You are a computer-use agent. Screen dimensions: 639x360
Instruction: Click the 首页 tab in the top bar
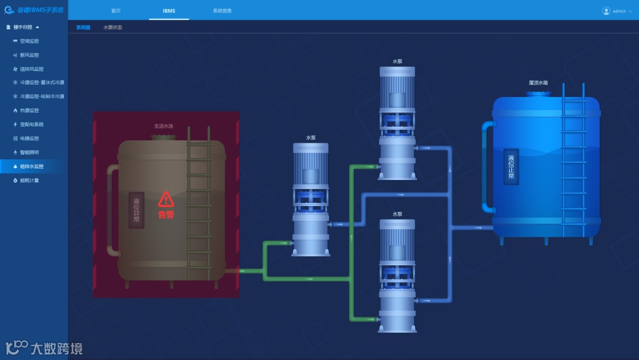115,11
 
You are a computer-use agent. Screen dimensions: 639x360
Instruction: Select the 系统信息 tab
222,11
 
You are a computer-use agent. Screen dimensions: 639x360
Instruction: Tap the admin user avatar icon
606,11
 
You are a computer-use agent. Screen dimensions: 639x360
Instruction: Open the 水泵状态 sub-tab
112,27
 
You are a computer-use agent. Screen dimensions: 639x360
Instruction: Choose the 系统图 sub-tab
83,27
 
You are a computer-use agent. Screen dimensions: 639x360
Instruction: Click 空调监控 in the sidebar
29,41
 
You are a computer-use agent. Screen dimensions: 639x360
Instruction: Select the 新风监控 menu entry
29,55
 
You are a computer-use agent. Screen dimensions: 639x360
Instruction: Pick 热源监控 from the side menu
29,110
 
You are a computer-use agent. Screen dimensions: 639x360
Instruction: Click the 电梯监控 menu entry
29,138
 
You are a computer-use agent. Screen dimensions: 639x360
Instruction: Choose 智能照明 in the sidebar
29,152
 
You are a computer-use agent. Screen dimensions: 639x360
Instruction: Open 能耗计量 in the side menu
29,180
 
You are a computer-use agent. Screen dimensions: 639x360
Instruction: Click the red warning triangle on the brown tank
166,198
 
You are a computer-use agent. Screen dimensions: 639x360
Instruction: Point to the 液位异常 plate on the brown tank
137,210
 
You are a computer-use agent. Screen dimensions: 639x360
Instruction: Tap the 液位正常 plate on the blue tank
511,167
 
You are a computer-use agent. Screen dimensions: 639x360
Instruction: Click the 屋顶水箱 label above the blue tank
538,83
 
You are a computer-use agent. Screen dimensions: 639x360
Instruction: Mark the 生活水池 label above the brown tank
164,126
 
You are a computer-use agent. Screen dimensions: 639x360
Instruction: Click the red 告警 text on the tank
166,215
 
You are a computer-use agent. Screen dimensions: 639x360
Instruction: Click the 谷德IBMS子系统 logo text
40,10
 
